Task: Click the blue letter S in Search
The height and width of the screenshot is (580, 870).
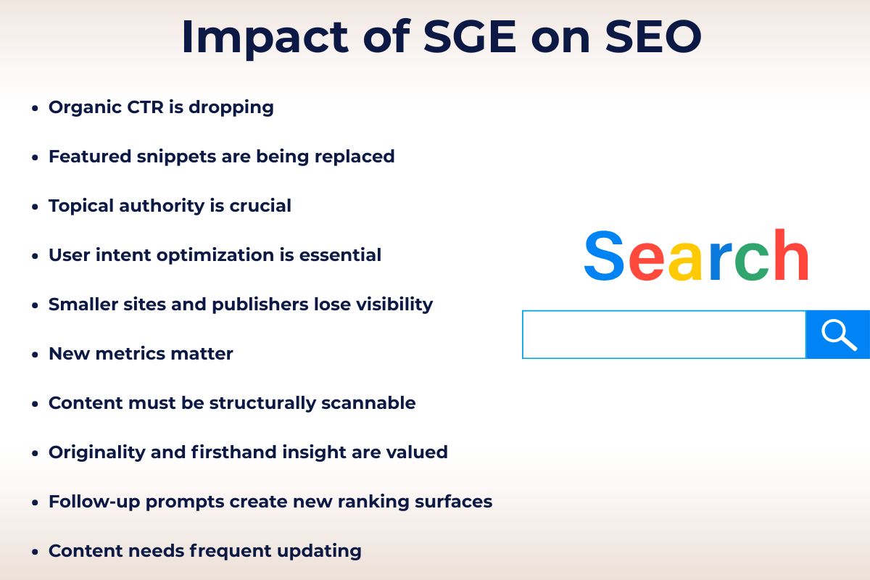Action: [x=604, y=257]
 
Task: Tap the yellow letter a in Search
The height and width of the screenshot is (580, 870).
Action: [x=685, y=261]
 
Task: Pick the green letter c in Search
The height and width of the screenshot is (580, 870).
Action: [x=751, y=261]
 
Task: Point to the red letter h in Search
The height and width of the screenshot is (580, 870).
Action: [x=790, y=255]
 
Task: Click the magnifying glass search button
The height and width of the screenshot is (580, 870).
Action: [x=838, y=334]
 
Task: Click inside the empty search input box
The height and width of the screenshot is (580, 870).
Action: [x=663, y=334]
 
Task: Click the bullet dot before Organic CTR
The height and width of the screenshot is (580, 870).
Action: [x=35, y=109]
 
